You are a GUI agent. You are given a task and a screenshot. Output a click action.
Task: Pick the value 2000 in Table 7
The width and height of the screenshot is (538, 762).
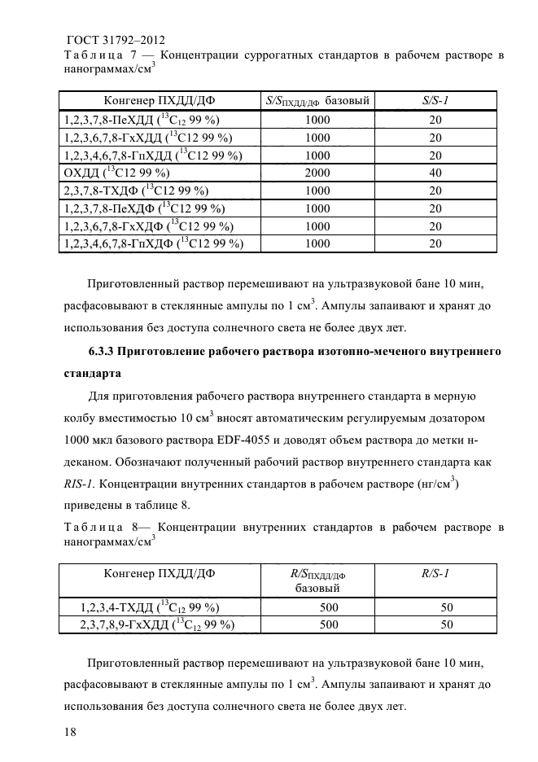coord(317,173)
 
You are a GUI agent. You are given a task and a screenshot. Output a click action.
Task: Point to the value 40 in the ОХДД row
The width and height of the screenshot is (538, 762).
coord(435,173)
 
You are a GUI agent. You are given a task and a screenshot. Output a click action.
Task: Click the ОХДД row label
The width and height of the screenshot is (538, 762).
coord(116,173)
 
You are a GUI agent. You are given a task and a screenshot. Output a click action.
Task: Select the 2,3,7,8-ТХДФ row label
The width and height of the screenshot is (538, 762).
coord(129,190)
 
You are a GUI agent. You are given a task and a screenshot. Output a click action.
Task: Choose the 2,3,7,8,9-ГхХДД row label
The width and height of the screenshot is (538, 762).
coord(157,625)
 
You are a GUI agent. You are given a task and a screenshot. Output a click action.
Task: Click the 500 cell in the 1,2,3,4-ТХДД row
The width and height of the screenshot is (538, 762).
coord(329,607)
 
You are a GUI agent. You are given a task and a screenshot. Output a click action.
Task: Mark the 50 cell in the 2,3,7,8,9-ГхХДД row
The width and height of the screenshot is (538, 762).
coord(446,625)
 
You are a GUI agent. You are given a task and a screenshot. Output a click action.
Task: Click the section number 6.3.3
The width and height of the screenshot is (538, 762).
coord(102,353)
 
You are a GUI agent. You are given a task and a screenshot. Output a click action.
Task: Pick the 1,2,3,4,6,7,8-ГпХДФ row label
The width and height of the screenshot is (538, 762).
coord(153,243)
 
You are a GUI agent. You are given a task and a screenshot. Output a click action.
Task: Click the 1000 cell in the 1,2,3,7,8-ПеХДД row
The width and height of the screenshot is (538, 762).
coord(317,119)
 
